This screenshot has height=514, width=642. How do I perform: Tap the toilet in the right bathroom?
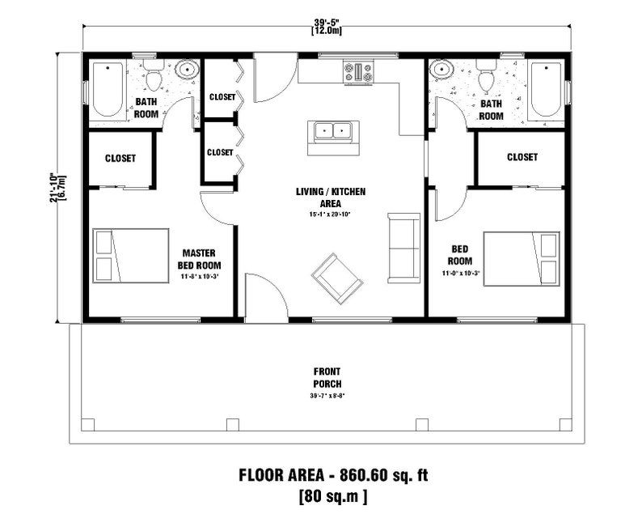click(x=486, y=79)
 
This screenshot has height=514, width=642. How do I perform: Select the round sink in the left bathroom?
click(x=188, y=70)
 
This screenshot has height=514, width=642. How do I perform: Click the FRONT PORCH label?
click(x=327, y=377)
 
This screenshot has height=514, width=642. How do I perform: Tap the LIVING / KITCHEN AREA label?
click(x=330, y=198)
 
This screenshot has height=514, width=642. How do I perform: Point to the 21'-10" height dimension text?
click(x=54, y=186)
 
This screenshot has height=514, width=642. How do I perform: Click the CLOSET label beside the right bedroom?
click(x=522, y=157)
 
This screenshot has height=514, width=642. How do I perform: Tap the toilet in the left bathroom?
click(x=154, y=78)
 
